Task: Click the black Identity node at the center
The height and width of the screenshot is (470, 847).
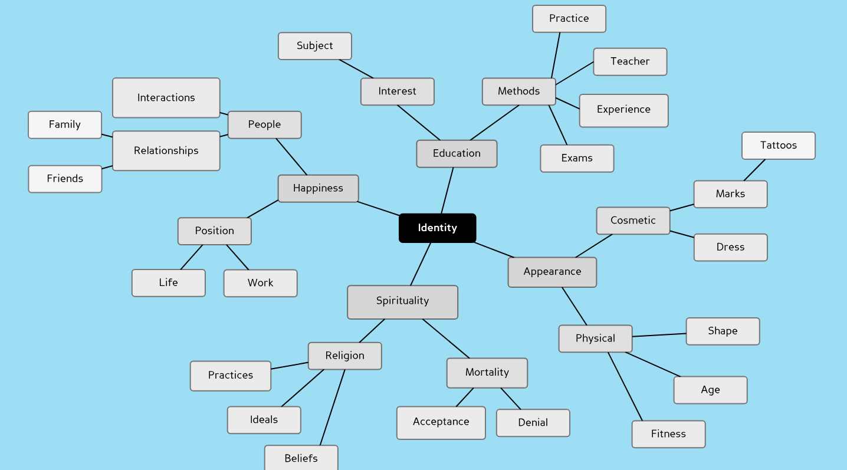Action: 437,228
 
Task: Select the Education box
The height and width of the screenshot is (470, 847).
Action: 457,153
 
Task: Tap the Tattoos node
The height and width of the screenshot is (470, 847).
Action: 778,145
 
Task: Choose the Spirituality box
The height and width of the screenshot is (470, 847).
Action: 402,302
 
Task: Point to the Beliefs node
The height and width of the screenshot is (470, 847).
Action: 301,458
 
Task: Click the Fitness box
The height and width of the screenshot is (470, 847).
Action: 668,434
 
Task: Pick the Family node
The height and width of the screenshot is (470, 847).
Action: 65,124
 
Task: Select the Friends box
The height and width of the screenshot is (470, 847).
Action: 65,179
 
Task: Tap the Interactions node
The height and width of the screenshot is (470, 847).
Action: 166,98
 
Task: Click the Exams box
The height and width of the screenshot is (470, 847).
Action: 577,158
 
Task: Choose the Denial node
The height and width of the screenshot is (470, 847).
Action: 533,423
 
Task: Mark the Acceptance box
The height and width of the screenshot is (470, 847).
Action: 441,422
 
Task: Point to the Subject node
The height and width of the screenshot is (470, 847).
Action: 314,46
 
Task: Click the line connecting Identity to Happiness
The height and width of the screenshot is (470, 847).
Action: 379,209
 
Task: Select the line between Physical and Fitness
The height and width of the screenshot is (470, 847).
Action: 625,386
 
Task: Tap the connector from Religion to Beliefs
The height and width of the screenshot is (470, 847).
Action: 333,407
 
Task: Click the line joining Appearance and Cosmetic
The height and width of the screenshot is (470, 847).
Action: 594,246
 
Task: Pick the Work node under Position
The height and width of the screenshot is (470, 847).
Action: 260,283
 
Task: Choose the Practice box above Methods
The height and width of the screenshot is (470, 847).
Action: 569,19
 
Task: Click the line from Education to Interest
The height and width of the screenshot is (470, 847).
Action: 419,123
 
